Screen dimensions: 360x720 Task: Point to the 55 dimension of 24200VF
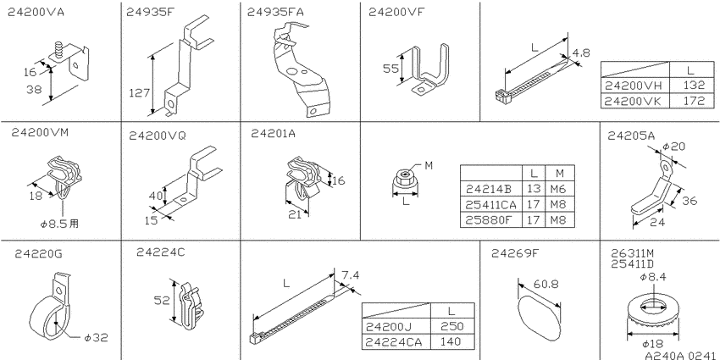[390, 69]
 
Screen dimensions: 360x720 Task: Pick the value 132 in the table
[695, 86]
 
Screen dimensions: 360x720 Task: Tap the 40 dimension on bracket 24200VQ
[155, 197]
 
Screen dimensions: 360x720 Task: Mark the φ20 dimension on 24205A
[674, 146]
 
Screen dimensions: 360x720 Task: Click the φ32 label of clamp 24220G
[97, 337]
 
